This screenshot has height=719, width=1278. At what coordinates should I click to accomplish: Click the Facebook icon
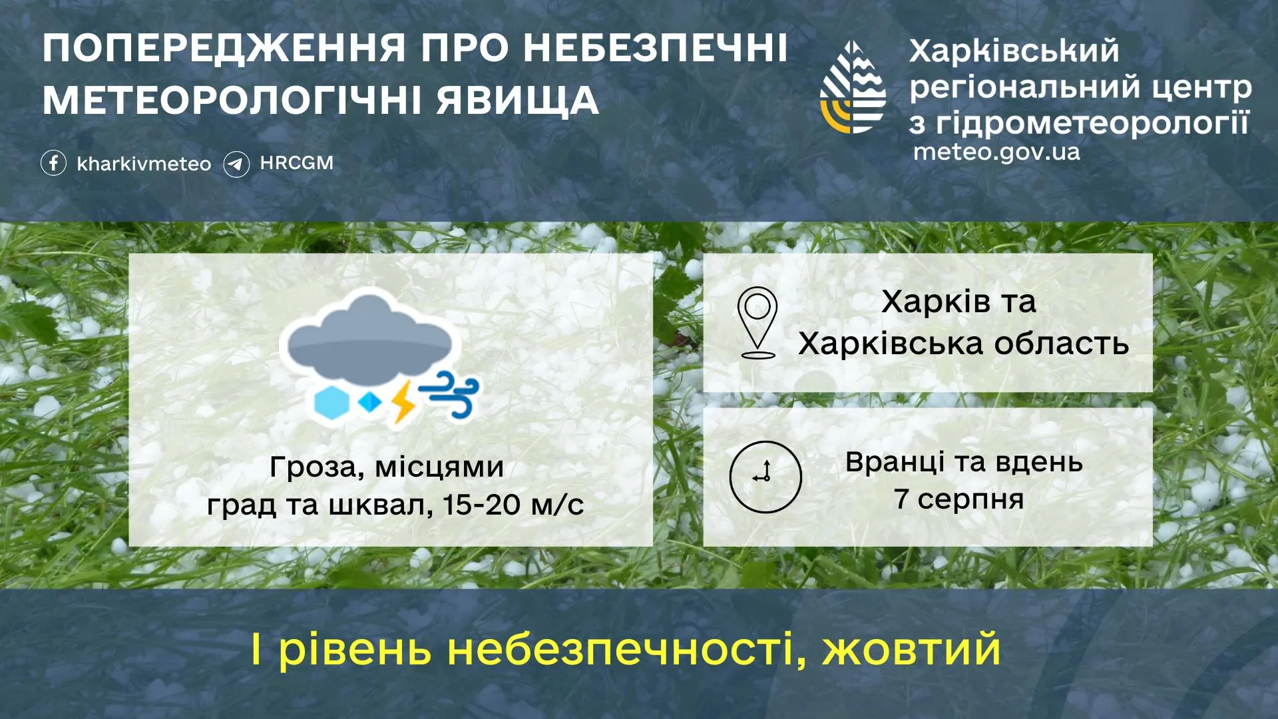pos(53,162)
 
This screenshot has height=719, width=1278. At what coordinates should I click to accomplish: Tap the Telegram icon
pos(236,164)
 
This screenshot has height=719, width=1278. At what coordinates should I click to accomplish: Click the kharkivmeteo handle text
pos(144,164)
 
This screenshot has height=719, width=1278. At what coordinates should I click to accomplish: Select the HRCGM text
pos(296,162)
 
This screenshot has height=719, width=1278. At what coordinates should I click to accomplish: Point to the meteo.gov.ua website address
pos(996,152)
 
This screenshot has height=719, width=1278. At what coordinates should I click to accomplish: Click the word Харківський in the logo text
pos(1014,51)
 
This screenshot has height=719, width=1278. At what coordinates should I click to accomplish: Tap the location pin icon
pos(757,322)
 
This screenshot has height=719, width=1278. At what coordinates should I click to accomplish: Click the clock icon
pos(765,476)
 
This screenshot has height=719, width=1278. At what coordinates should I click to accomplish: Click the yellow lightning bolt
pos(403,401)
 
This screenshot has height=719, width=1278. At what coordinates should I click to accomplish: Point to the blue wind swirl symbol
pos(451,395)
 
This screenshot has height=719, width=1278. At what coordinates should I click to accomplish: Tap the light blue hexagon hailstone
pos(331,403)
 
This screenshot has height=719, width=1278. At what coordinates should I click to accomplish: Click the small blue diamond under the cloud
pos(369,401)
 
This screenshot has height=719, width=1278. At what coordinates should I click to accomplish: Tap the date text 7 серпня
pos(958,499)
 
